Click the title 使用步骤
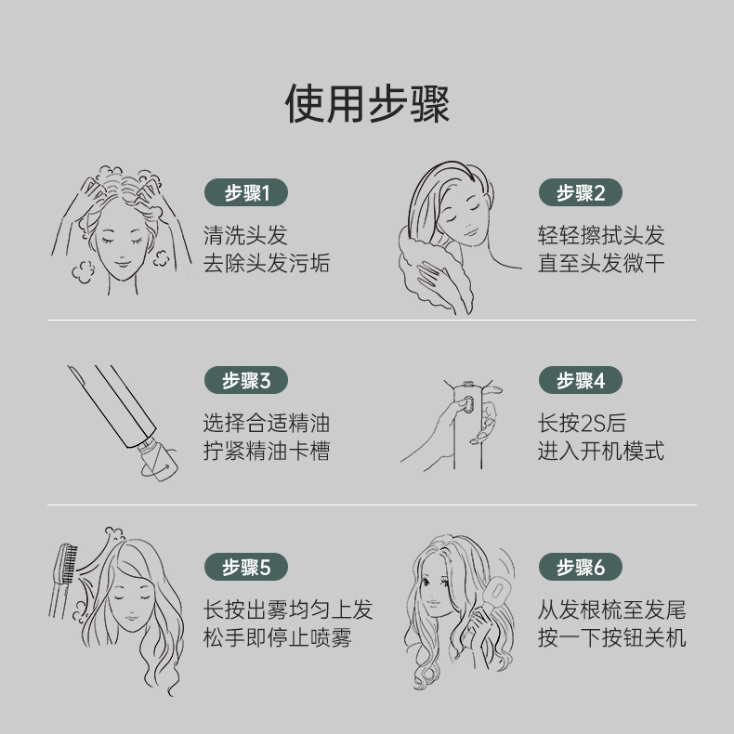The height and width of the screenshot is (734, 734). [x=367, y=104]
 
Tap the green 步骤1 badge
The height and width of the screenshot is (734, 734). [x=246, y=192]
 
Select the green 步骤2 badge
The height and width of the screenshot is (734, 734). [x=581, y=192]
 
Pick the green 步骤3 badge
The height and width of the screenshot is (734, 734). [x=246, y=380]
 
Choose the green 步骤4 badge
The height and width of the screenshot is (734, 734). [x=581, y=380]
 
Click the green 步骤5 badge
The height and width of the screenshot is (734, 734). [x=246, y=567]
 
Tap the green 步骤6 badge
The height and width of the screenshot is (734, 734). [x=581, y=567]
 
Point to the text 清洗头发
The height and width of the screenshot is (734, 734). [x=245, y=235]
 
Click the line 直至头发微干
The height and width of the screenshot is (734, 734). [x=601, y=263]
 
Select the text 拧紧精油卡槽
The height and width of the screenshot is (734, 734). [x=267, y=451]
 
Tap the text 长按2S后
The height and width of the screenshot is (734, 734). [x=582, y=423]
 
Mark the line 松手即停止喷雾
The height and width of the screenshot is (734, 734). [x=277, y=637]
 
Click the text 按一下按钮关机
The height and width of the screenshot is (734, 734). [x=612, y=637]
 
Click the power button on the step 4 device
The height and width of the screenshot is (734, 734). [x=466, y=405]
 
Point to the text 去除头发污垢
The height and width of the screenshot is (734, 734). [x=267, y=263]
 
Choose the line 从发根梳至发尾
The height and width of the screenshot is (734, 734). [x=612, y=609]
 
